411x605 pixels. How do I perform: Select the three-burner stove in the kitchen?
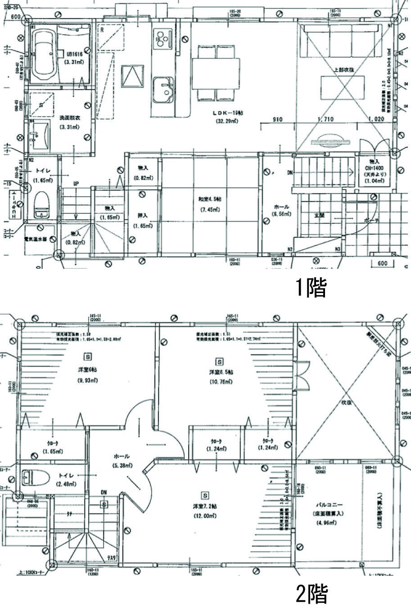(x=161, y=39)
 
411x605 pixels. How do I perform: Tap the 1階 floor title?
(x=310, y=288)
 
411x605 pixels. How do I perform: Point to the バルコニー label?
(x=324, y=504)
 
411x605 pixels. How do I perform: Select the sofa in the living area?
(x=341, y=41)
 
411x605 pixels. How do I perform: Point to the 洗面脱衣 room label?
(x=69, y=117)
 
